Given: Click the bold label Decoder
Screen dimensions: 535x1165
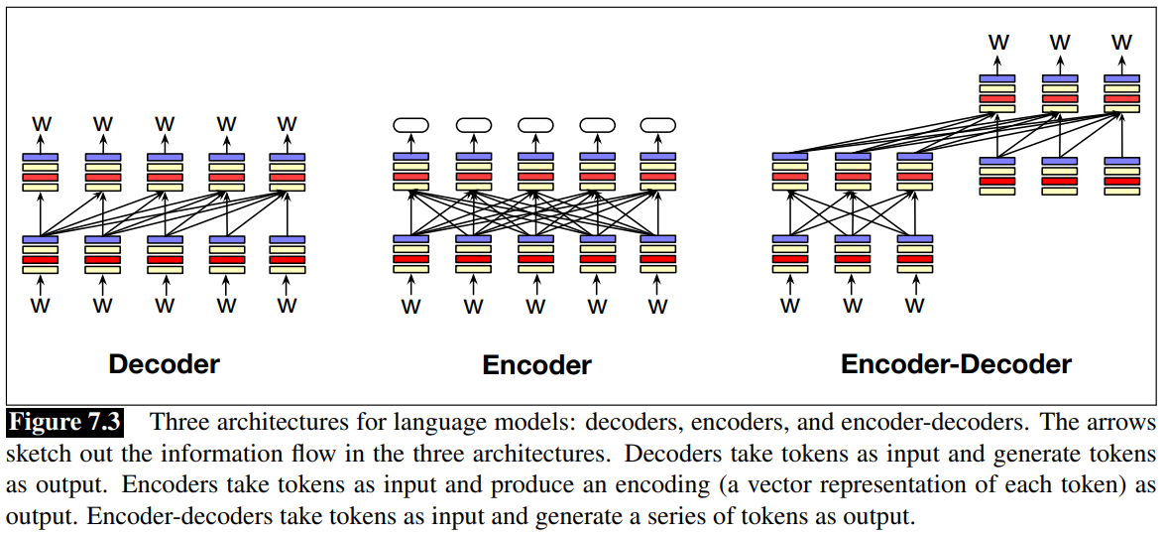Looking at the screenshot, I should pos(164,364).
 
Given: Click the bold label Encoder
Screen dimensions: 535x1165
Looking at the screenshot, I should pos(536,365).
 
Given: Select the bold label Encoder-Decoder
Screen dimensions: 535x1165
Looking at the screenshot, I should pos(956,364).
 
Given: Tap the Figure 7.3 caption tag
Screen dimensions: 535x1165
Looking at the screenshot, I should pos(65,422).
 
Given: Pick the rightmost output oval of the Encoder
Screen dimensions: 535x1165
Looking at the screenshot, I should pos(657,125).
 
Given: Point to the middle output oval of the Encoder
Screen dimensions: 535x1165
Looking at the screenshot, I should pos(534,125).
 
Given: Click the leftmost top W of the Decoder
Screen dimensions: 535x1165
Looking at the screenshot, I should pos(42,124).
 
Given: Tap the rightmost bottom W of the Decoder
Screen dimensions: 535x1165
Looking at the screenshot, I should pos(288,306).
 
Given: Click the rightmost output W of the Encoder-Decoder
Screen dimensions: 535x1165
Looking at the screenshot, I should pos(1121,42).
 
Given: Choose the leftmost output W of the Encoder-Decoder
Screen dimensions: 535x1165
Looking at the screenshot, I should pos(998,42).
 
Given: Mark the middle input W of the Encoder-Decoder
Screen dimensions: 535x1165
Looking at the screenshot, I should pos(853,306).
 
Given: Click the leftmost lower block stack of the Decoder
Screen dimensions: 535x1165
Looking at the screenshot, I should pos(42,254).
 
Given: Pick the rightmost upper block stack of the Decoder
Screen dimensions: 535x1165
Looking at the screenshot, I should pos(288,172).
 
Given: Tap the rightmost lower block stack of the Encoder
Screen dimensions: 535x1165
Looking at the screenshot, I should pos(657,253).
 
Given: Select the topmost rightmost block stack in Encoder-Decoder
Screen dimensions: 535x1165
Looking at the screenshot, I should pos(1121,93).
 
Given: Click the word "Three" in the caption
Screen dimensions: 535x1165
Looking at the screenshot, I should pos(181,423).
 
